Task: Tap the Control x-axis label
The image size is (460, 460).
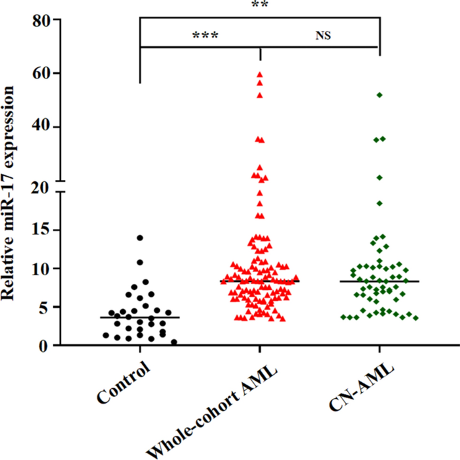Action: [x=123, y=382]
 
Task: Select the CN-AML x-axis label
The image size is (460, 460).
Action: [x=360, y=386]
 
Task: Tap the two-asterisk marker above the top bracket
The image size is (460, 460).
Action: [x=260, y=5]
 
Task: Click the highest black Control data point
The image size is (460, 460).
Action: [x=140, y=238]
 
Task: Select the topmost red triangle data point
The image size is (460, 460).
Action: [x=260, y=75]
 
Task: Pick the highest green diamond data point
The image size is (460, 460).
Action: [x=379, y=95]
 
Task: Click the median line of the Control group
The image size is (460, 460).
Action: [x=140, y=317]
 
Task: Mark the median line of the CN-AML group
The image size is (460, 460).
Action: [x=379, y=281]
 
